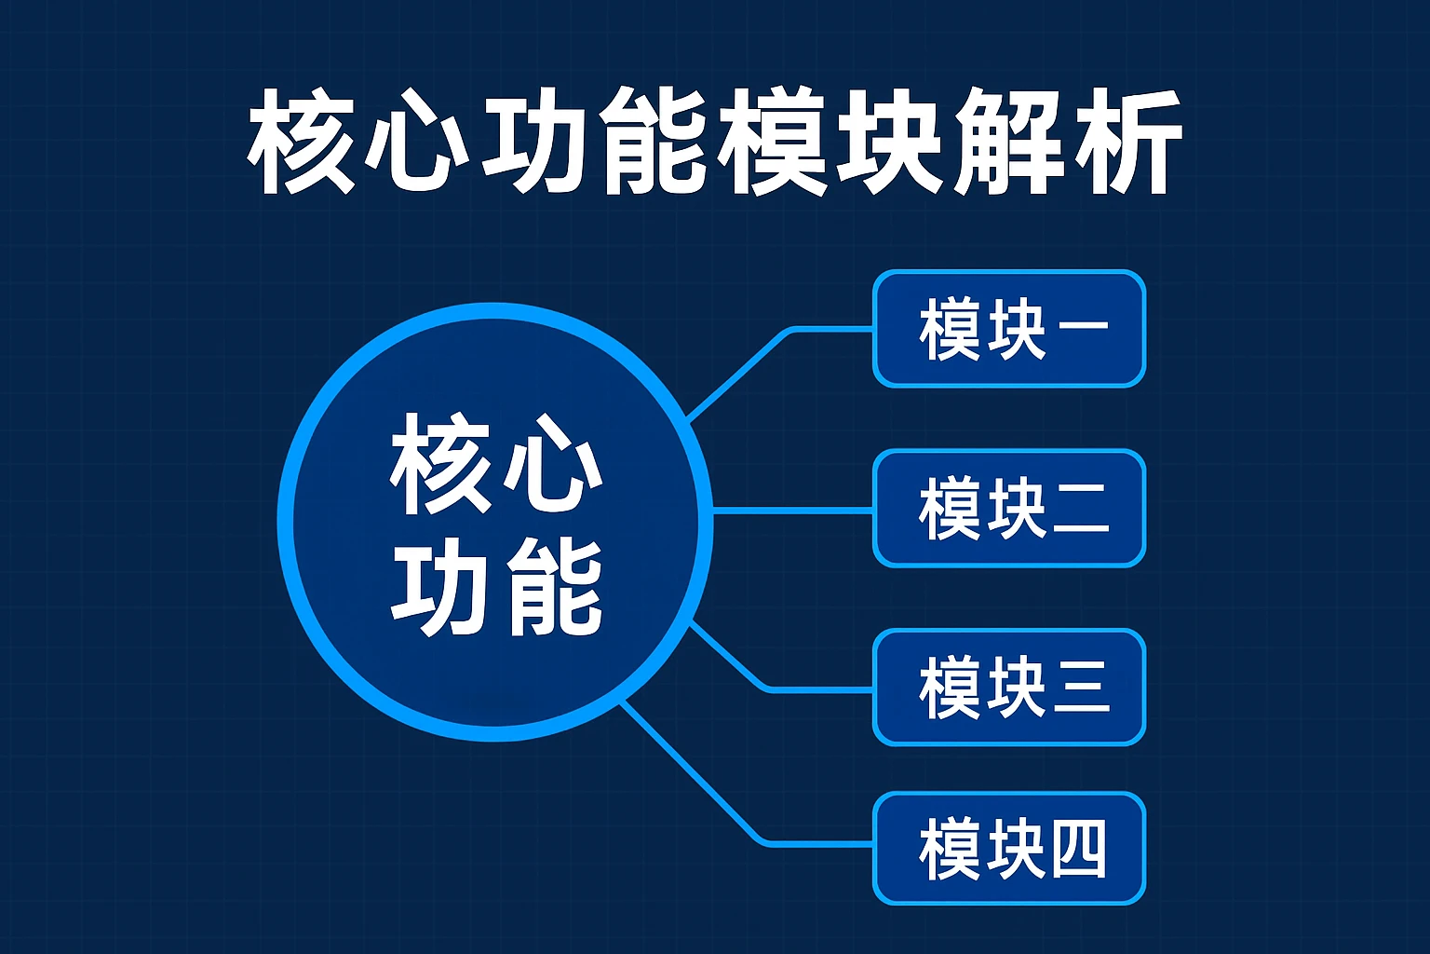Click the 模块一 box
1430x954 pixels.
click(1008, 329)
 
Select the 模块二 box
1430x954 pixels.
click(1008, 508)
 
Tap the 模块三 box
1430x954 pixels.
click(1008, 688)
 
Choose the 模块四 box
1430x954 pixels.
click(1008, 848)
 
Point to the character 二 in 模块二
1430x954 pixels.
click(1080, 509)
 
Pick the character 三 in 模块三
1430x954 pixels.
click(1080, 688)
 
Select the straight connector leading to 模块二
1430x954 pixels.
click(791, 511)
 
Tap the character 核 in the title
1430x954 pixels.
click(303, 142)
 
